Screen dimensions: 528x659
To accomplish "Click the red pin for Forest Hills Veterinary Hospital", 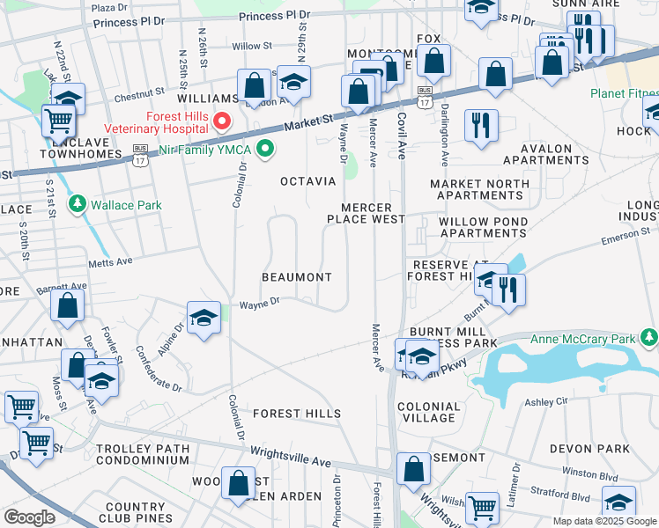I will click(x=222, y=121).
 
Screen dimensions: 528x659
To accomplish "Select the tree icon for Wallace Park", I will click(x=78, y=205).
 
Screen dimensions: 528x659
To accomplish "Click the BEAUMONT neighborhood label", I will click(x=297, y=277).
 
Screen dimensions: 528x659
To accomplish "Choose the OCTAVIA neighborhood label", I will click(x=307, y=181).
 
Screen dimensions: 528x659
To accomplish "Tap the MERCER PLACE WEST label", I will click(x=366, y=213).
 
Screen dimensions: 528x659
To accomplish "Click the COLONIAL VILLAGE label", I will click(x=429, y=413).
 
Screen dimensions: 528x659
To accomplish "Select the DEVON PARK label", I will click(x=589, y=449).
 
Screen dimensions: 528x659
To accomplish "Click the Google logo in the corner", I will click(x=28, y=517).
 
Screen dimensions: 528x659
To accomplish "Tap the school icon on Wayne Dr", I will click(x=204, y=318).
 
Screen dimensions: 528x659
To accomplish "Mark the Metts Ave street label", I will click(x=109, y=261).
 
